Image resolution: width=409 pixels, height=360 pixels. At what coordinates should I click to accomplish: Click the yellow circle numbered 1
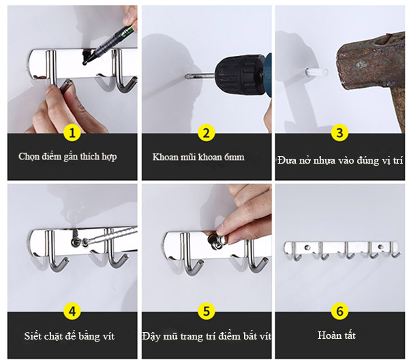pyautogui.click(x=72, y=133)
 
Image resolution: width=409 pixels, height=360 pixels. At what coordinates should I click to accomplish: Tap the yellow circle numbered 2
pyautogui.click(x=206, y=133)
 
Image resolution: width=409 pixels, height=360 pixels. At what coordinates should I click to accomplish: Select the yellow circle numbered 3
pyautogui.click(x=339, y=133)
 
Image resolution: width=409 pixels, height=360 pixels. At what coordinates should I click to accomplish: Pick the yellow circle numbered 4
pyautogui.click(x=72, y=311)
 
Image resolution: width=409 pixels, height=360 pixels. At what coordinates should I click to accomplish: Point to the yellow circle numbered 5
pyautogui.click(x=206, y=311)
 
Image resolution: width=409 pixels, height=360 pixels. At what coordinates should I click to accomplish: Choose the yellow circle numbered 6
pyautogui.click(x=339, y=311)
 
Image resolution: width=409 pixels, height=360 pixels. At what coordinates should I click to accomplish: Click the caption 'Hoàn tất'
pyautogui.click(x=337, y=335)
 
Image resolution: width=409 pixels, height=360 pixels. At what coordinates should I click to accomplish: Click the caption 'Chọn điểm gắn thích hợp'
pyautogui.click(x=67, y=157)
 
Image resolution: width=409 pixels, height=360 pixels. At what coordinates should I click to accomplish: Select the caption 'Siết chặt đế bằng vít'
pyautogui.click(x=70, y=336)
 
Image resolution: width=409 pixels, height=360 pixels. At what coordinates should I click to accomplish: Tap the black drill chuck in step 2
pyautogui.click(x=237, y=72)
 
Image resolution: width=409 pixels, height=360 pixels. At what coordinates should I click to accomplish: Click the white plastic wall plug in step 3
pyautogui.click(x=316, y=72)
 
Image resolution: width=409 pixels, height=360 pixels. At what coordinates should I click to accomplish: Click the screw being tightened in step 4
pyautogui.click(x=76, y=243)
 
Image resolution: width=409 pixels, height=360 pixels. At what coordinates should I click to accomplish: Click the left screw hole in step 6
pyautogui.click(x=307, y=247)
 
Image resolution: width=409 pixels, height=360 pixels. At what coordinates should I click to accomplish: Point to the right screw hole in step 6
pyautogui.click(x=380, y=246)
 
